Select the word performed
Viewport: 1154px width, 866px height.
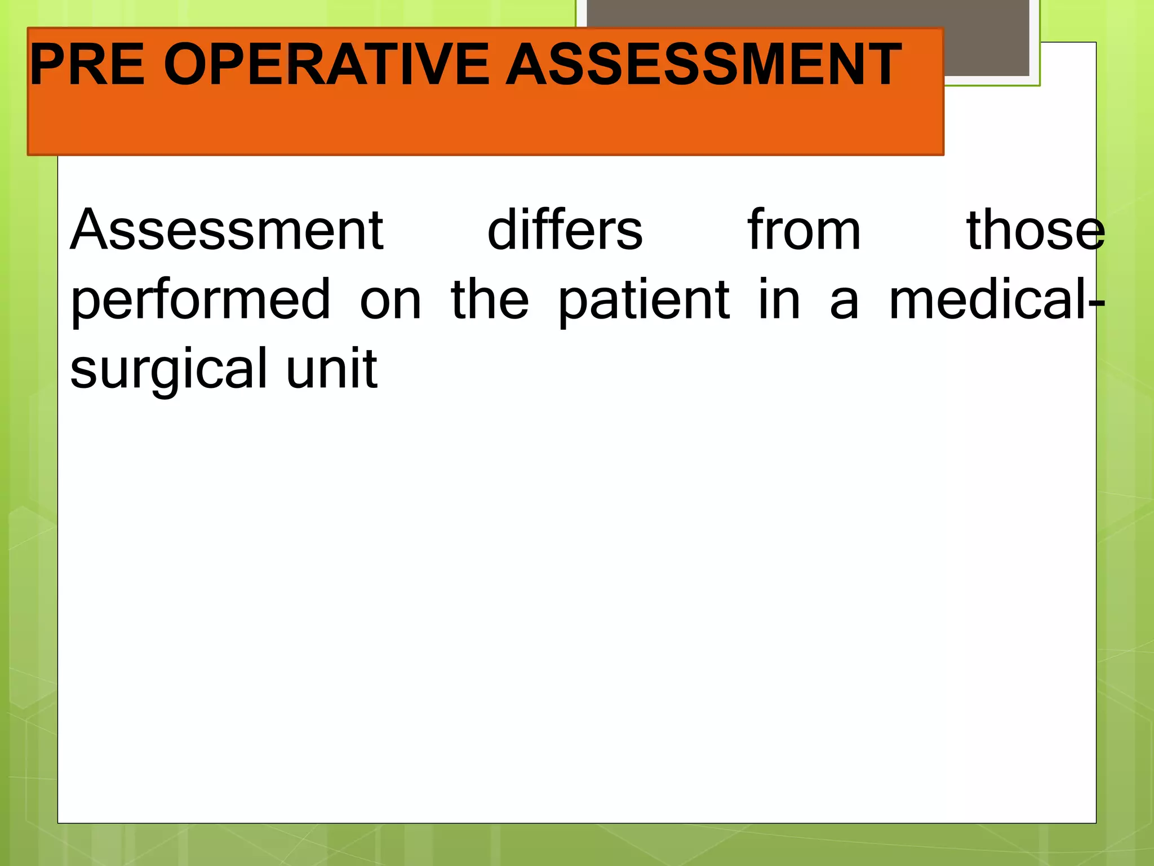(201, 301)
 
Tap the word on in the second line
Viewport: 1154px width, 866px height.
(390, 301)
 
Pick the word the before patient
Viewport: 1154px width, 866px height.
(490, 301)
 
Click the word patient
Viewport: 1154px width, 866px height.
(644, 301)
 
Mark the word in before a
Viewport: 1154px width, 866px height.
(779, 301)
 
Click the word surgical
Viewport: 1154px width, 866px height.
(168, 370)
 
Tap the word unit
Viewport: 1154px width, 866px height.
(331, 369)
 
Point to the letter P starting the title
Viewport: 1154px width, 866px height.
(48, 65)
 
